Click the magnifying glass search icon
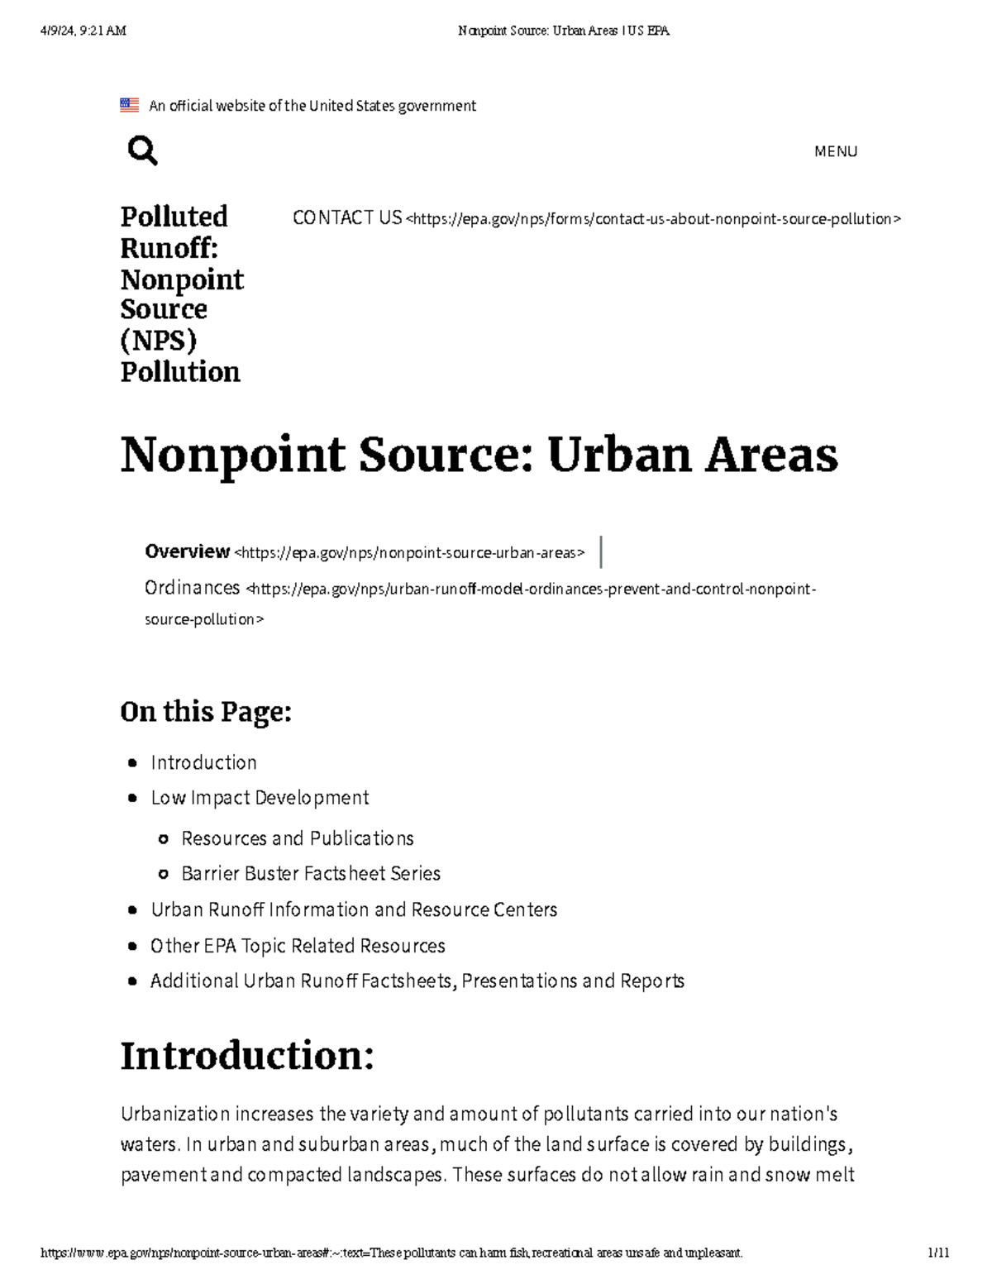pos(142,151)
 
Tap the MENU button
pos(835,151)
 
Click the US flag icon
pos(129,105)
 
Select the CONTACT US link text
pos(346,217)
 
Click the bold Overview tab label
pos(187,551)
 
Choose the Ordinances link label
pos(192,588)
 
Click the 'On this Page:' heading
pos(206,711)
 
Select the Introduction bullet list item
pos(203,762)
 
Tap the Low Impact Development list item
pos(260,798)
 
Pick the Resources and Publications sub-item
pos(298,838)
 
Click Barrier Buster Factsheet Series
pos(311,874)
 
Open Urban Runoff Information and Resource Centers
pos(354,910)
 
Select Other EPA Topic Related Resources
pos(298,946)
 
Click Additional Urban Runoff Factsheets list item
pos(417,981)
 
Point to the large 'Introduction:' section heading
pos(247,1056)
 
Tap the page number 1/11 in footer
pos(938,1253)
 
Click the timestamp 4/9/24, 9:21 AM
pos(83,31)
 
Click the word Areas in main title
pos(770,455)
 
